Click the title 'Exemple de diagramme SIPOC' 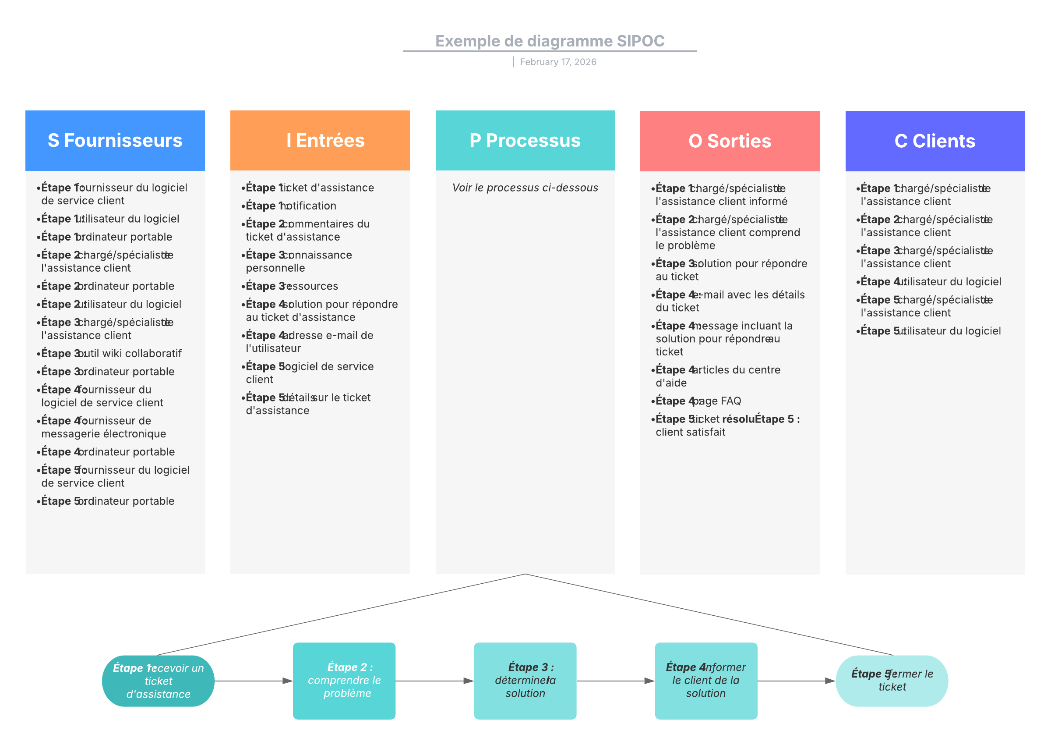click(549, 41)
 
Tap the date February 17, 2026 click(557, 62)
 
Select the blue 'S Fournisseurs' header click(115, 140)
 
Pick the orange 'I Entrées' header click(320, 140)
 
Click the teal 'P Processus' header click(525, 140)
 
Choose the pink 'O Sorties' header click(730, 141)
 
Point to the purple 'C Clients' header click(935, 141)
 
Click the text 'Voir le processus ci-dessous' click(525, 188)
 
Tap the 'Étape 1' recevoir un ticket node click(158, 681)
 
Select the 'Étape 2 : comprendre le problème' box click(344, 681)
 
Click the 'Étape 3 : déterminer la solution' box click(525, 681)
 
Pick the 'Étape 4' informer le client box click(706, 681)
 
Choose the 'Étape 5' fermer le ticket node click(892, 681)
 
